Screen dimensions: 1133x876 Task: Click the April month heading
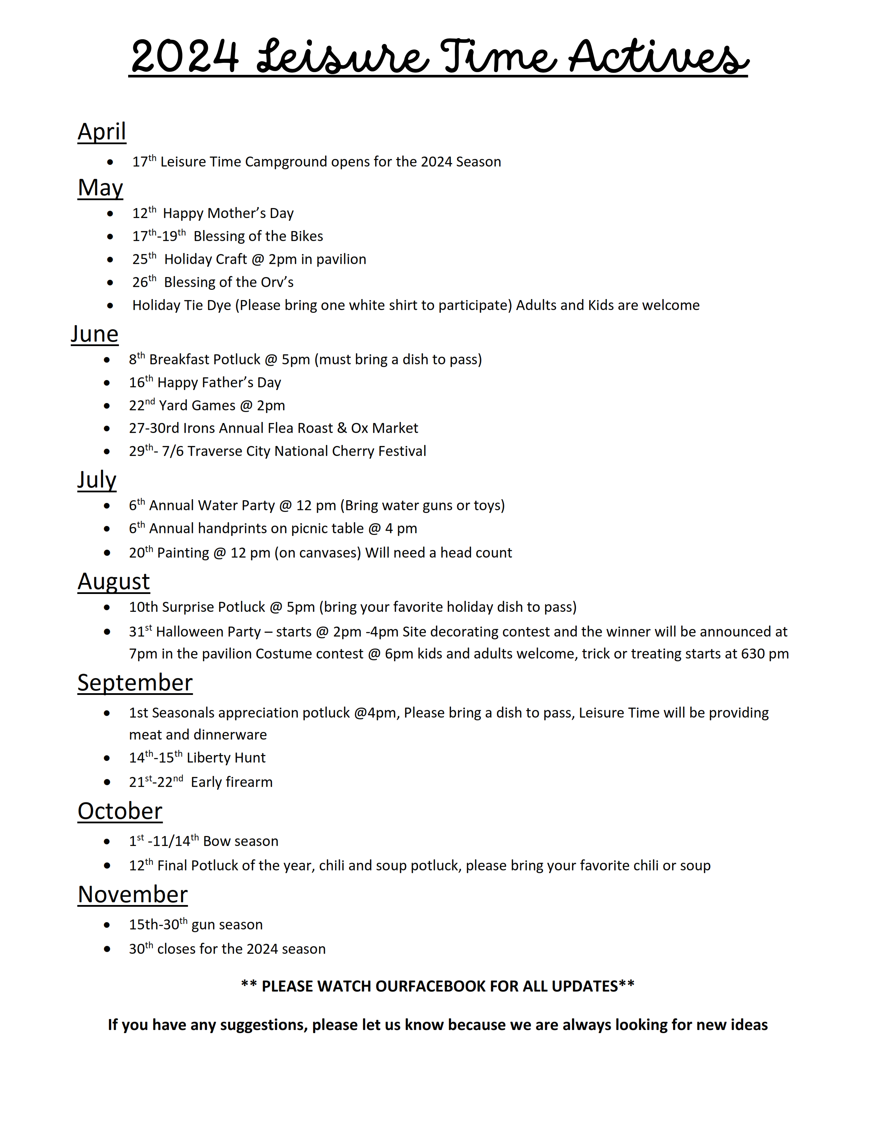point(102,132)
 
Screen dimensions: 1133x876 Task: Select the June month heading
point(94,334)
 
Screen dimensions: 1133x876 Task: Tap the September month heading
point(135,683)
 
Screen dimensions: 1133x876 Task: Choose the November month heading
point(133,894)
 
